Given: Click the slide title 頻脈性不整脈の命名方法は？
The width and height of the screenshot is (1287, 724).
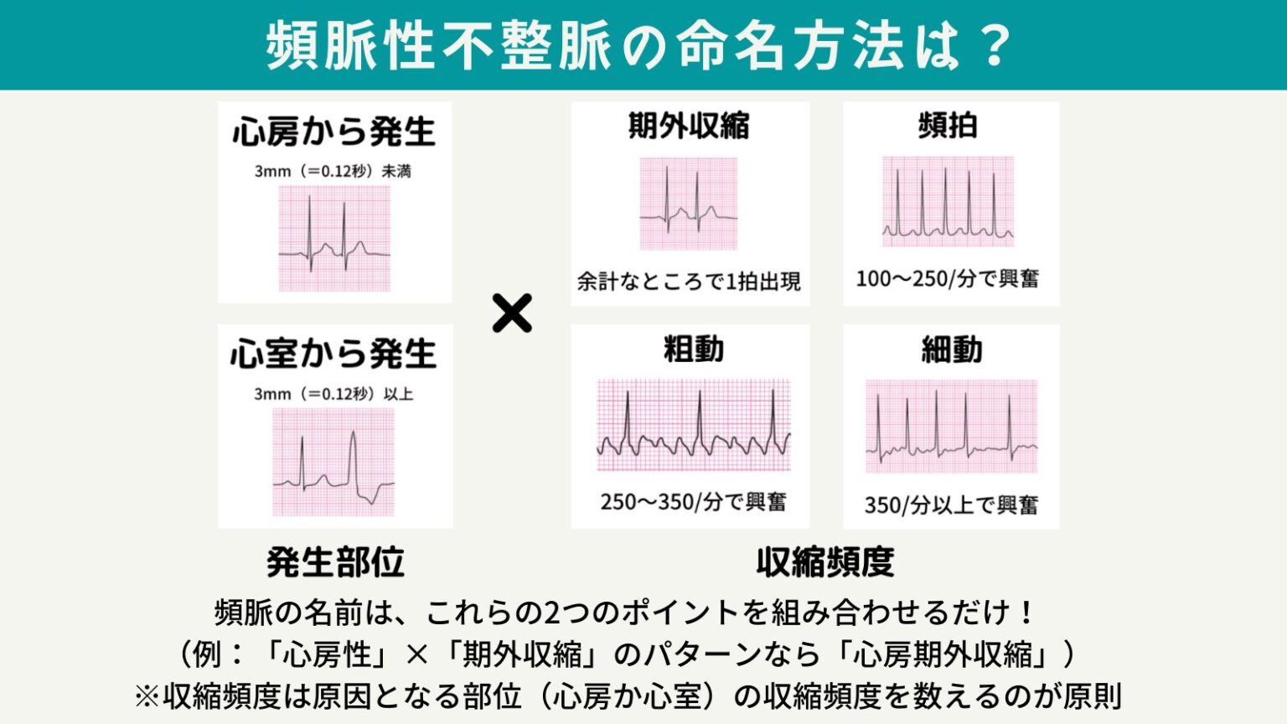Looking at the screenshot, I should coord(641,45).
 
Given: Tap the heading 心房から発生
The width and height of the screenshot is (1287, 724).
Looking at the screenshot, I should coord(334,132).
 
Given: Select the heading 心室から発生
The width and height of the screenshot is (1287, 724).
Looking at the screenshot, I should coord(333,354).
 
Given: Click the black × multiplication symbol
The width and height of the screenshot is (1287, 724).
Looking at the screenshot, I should coord(512,313).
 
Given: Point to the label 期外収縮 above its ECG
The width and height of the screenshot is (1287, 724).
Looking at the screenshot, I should coord(689,126).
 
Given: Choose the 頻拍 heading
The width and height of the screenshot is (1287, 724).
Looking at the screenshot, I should coord(948,126).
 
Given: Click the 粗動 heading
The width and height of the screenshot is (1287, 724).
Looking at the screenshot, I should coord(693,349).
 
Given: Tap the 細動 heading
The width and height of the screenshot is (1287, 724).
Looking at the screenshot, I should coord(951,349).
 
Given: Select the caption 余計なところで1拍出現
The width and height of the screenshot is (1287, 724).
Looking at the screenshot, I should coord(689,282).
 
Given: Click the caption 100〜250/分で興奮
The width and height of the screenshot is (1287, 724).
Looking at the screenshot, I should coord(947,278).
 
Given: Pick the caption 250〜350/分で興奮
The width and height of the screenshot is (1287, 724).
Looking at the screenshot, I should coord(693,502).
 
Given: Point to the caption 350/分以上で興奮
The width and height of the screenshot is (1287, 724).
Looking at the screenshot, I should coord(951,505).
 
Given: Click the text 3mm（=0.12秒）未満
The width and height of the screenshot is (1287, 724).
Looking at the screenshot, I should coord(333,171).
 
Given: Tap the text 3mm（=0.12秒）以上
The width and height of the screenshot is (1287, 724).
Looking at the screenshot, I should coord(333,394).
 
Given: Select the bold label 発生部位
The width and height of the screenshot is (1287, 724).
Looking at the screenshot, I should coord(335,562).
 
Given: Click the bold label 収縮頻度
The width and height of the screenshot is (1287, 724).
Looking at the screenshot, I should coord(825,562).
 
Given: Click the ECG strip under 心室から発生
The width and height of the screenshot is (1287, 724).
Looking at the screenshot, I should coord(333,462).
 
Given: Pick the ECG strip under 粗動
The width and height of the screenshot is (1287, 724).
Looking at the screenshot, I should coord(693,425).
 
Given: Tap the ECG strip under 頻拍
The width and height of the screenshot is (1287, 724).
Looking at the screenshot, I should coord(948,201).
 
